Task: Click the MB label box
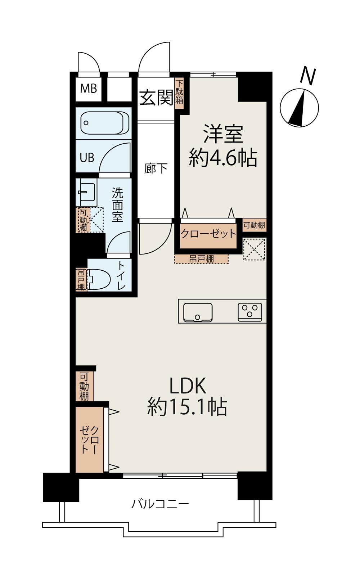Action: [89, 88]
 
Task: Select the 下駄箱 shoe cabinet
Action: [179, 91]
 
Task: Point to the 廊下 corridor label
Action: [156, 168]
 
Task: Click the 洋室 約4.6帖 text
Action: [223, 146]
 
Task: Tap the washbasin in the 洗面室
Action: [86, 192]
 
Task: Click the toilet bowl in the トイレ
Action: [99, 279]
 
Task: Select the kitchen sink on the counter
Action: [198, 312]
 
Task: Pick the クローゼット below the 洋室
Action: [208, 234]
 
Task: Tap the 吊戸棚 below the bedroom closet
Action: [201, 259]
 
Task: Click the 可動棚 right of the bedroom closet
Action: [254, 225]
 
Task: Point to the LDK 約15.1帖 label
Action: [187, 396]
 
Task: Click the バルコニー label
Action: [160, 503]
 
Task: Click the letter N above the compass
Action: [308, 76]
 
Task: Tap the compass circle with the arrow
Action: [300, 108]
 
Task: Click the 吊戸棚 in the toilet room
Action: [81, 279]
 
